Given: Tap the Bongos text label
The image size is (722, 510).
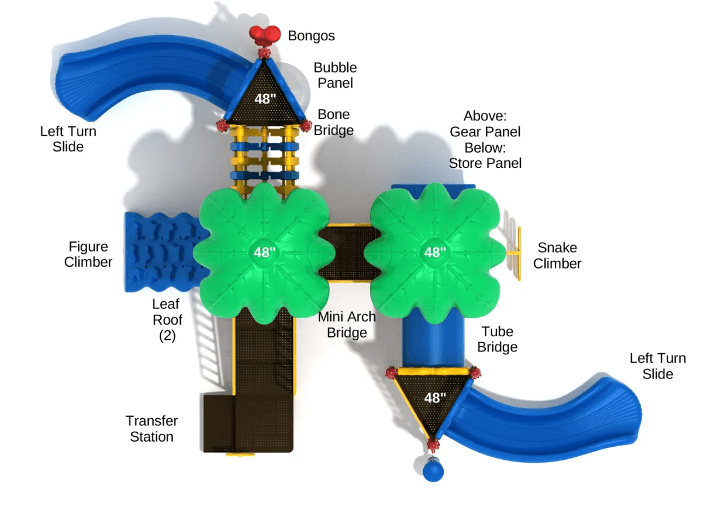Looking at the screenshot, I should click(311, 36).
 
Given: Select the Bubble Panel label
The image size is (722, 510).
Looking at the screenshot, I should click(335, 75).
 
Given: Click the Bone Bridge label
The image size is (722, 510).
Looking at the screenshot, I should click(334, 122).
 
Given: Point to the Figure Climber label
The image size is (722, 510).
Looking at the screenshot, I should click(88, 254).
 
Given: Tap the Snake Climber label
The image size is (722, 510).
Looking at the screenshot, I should click(557, 256).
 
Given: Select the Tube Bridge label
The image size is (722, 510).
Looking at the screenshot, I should click(498, 339).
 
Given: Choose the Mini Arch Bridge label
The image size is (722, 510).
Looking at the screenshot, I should click(347, 325).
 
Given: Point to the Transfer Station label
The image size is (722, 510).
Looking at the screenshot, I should click(151, 429).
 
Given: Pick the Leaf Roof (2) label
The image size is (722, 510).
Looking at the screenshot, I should click(167, 320).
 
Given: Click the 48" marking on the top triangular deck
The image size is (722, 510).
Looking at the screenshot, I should click(265, 99).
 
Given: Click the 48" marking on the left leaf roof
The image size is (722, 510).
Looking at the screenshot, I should click(264, 253).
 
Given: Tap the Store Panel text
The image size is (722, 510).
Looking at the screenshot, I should click(485, 163).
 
